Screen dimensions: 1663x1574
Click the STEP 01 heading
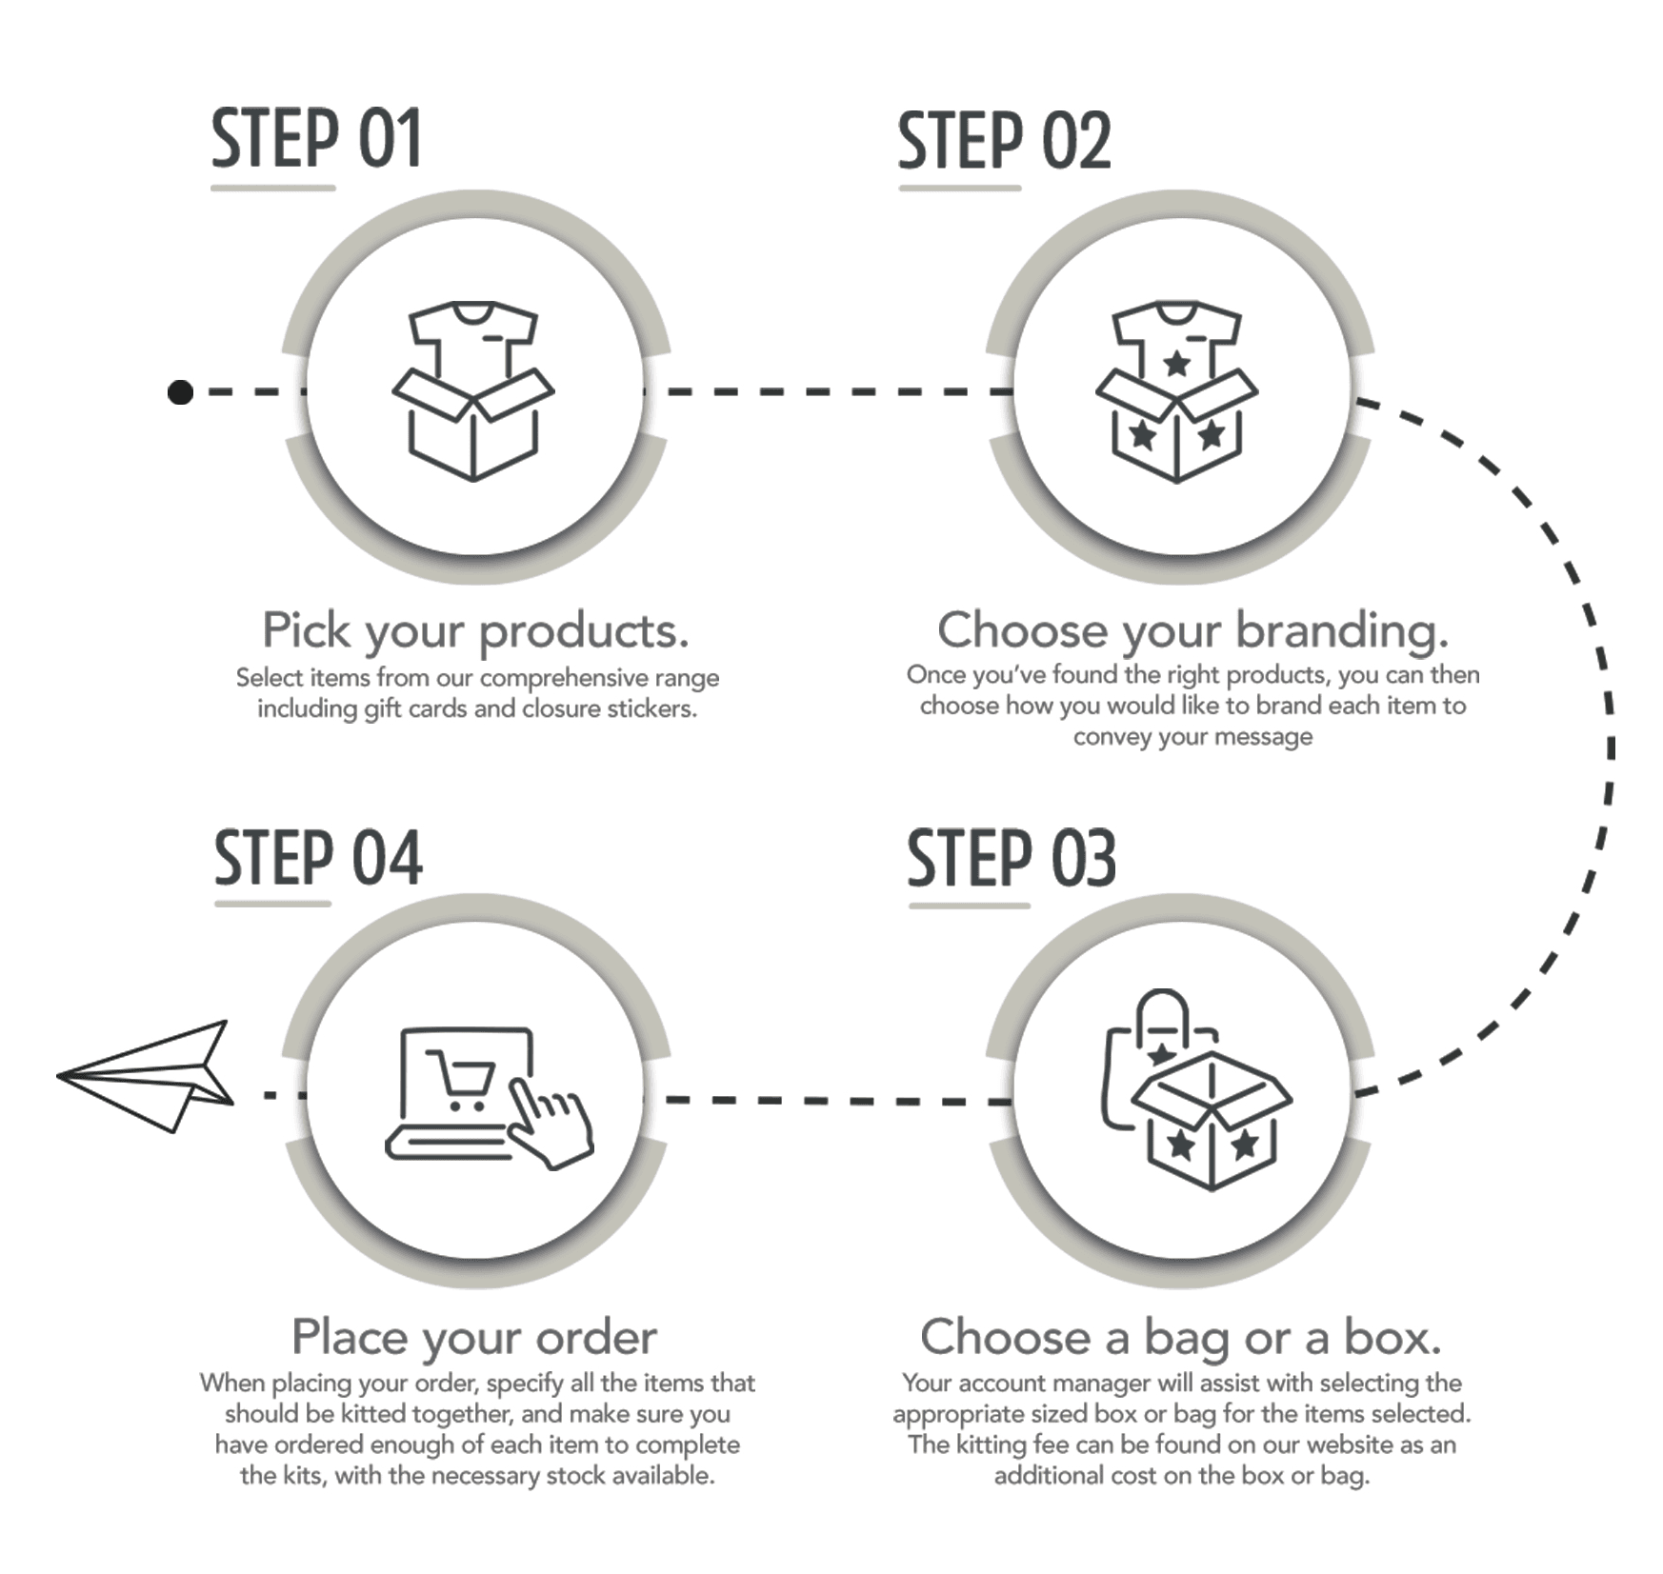pyautogui.click(x=315, y=139)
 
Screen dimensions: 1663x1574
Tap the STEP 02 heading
pyautogui.click(x=1004, y=141)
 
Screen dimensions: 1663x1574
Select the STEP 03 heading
pyautogui.click(x=1011, y=858)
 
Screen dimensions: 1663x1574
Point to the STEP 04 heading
pyautogui.click(x=318, y=857)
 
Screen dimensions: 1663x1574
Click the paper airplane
pyautogui.click(x=145, y=1076)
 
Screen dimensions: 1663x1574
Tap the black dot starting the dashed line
pyautogui.click(x=180, y=391)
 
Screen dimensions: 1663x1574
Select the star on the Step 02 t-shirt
pyautogui.click(x=1177, y=363)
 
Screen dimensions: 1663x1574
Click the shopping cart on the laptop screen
pyautogui.click(x=462, y=1081)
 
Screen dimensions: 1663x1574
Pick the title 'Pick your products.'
pyautogui.click(x=475, y=630)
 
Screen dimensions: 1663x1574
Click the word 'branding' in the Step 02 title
pyautogui.click(x=1341, y=630)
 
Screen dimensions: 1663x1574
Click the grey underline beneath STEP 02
pyautogui.click(x=960, y=188)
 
